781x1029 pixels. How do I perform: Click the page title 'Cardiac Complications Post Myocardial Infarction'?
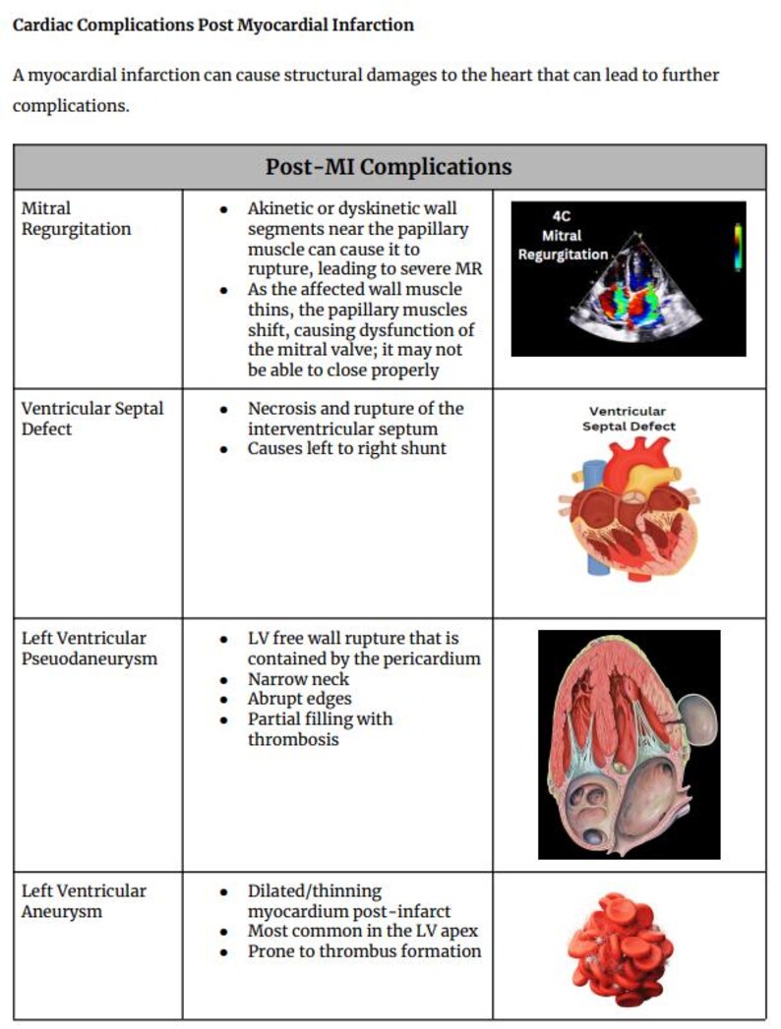tap(212, 25)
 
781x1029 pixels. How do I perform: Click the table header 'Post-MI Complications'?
tap(389, 166)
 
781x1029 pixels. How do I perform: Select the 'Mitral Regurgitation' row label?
tap(76, 218)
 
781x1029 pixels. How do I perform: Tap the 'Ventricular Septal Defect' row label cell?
tap(92, 418)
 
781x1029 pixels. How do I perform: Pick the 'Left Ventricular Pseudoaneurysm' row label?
tap(89, 649)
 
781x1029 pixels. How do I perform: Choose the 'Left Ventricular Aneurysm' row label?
tap(84, 901)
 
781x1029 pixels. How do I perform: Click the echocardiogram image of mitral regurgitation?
tap(629, 278)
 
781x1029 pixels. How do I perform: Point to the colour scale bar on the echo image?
tap(738, 245)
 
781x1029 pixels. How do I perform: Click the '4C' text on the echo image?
tap(562, 217)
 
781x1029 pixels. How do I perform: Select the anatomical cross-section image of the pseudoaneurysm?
tap(629, 744)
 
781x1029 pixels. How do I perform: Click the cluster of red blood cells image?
tap(621, 947)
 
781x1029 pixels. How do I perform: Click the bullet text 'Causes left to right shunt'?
tap(346, 448)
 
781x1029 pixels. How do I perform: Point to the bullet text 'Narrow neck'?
tap(298, 679)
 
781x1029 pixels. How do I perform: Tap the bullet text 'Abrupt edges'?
tap(299, 699)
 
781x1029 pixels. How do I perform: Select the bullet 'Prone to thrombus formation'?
tap(364, 950)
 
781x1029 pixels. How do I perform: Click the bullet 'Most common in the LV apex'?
tap(361, 931)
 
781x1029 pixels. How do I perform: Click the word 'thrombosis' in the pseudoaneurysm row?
tap(293, 738)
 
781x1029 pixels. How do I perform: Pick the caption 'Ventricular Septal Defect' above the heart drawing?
tap(628, 419)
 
